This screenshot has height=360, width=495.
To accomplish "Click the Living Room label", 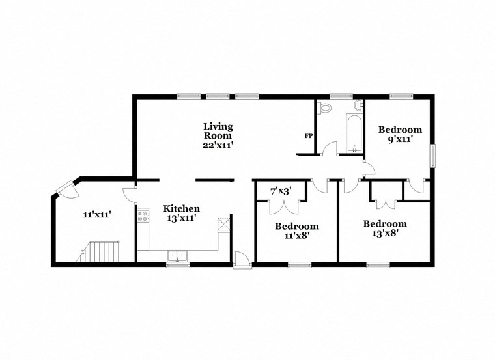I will click(x=218, y=131).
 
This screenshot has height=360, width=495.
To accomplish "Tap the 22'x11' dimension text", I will click(x=218, y=145).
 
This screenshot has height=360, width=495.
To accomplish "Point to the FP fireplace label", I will click(x=309, y=136).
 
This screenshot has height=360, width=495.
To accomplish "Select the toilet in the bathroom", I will click(x=324, y=107).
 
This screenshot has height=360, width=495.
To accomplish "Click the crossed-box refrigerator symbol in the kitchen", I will click(x=224, y=223).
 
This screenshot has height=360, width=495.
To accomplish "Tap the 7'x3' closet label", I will click(x=281, y=191).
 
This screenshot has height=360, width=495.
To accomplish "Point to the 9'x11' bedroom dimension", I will click(x=400, y=139).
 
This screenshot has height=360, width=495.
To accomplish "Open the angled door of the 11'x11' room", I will click(x=65, y=189).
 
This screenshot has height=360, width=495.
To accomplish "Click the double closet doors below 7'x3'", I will click(x=283, y=206).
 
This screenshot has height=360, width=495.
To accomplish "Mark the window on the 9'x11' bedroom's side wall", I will click(x=432, y=156).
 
